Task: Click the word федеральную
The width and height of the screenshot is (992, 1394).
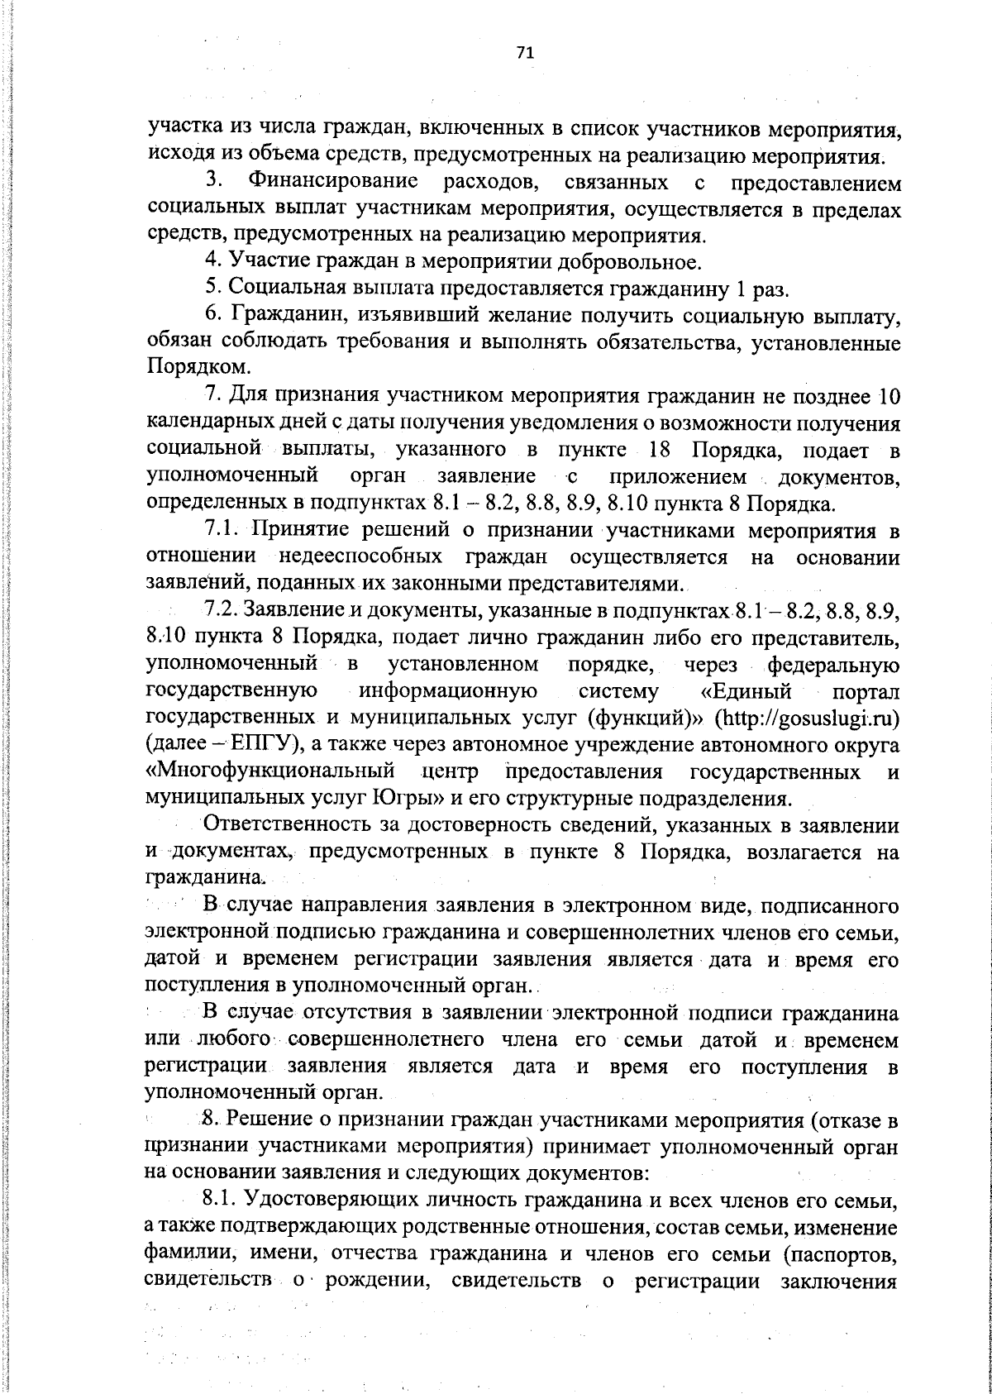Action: pos(833,664)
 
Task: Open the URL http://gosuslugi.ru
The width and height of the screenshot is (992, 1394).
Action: pos(812,717)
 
